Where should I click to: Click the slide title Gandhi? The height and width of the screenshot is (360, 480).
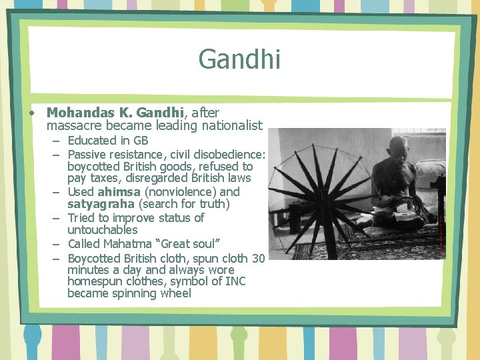click(x=239, y=59)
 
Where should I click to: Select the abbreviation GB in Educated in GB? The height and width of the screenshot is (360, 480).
click(x=141, y=141)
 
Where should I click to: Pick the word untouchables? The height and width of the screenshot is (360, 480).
click(x=102, y=230)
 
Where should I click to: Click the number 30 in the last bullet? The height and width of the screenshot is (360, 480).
click(x=259, y=258)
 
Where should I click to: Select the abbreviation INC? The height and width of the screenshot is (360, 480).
click(x=235, y=281)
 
